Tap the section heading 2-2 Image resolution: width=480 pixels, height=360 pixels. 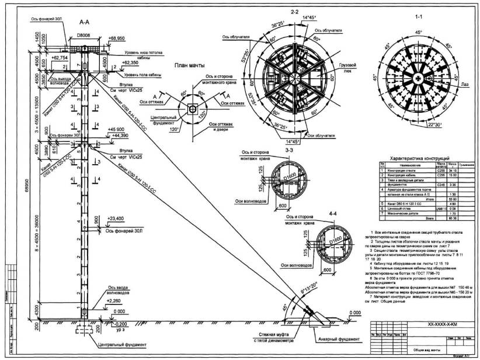point(294,12)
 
